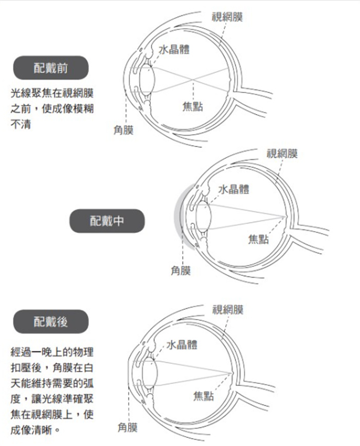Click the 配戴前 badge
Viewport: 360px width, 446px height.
pos(50,68)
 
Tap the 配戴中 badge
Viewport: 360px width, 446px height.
pos(107,221)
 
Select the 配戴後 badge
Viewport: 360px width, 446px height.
pos(50,322)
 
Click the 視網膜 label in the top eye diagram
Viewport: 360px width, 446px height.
pos(227,17)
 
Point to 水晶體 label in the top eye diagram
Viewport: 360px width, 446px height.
pos(174,50)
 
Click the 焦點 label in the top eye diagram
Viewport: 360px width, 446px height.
pos(193,107)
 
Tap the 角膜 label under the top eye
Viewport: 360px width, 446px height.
pos(123,131)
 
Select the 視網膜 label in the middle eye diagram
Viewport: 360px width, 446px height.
pos(282,154)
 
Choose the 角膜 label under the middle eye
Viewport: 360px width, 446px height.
pos(181,271)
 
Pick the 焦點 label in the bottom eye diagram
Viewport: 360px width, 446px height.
pos(204,396)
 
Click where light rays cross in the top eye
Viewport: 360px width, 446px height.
pos(193,80)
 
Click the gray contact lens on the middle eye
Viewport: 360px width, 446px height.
pos(178,216)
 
